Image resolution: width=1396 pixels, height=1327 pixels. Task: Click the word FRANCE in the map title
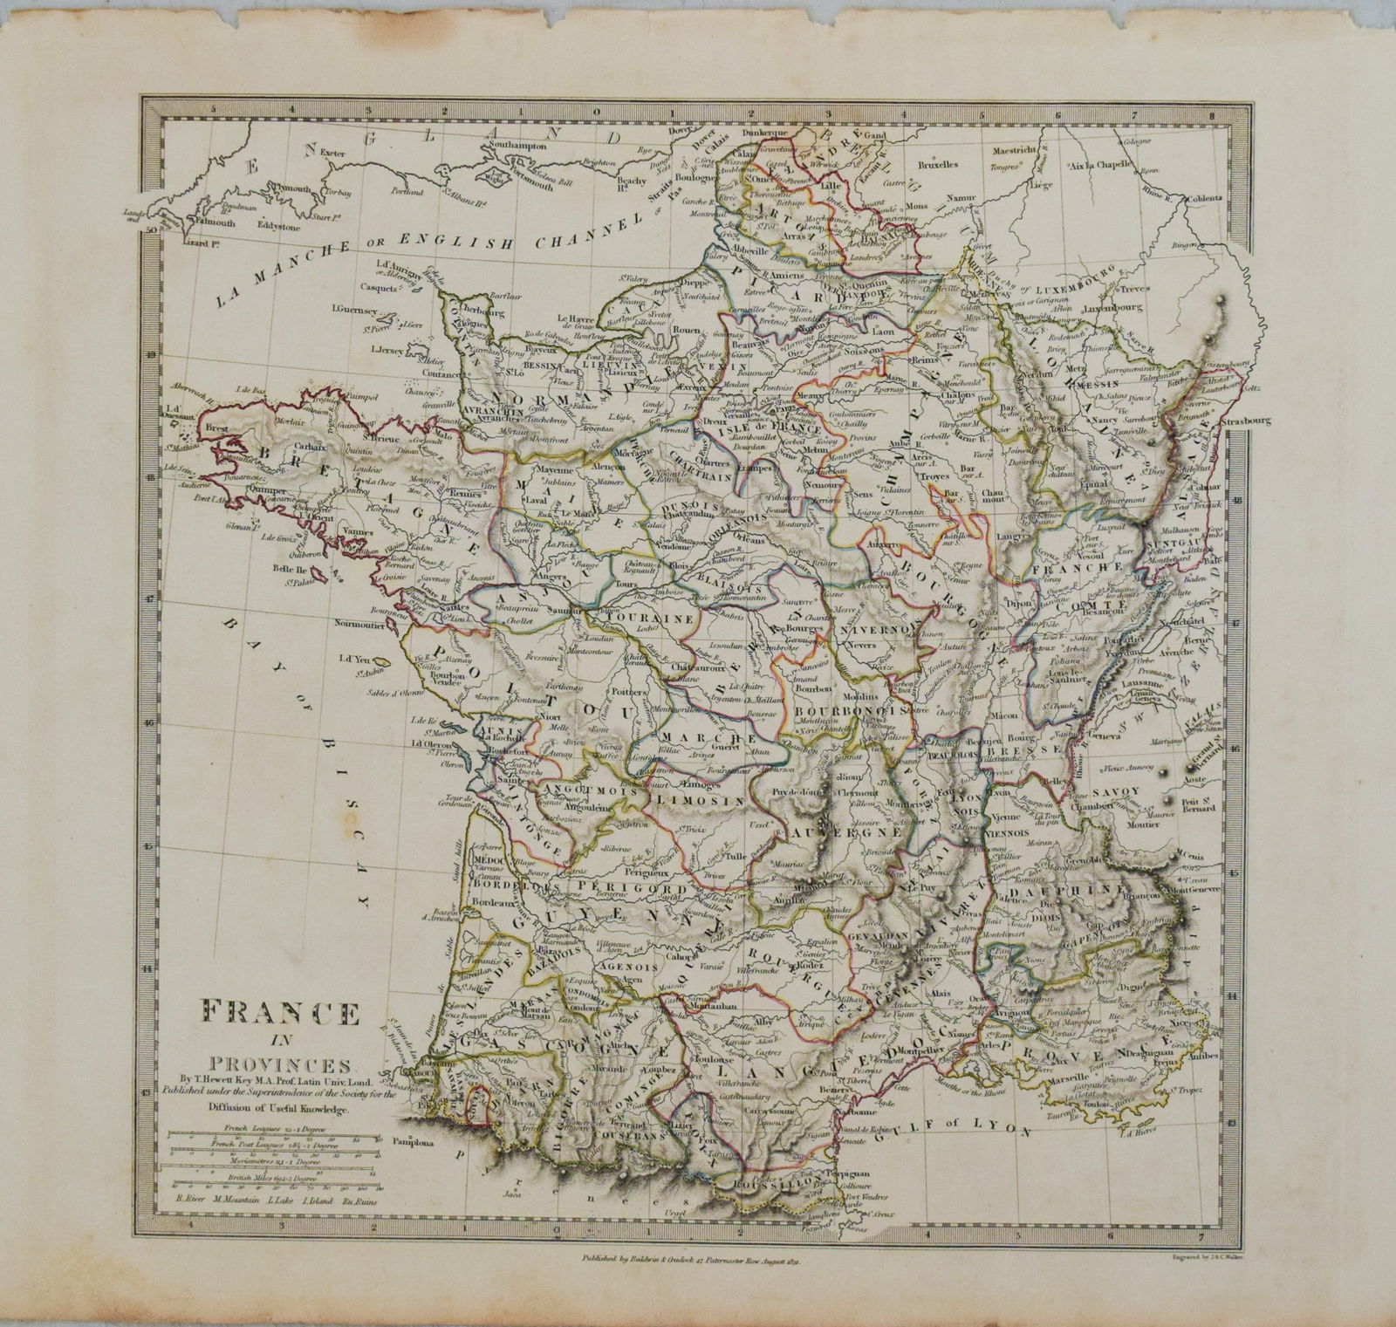pos(280,1016)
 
